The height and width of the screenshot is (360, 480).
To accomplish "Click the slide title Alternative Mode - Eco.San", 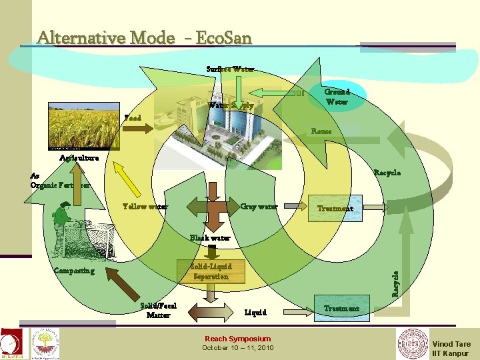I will point(145,37).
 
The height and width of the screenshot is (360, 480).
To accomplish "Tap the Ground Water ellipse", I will point(337,97).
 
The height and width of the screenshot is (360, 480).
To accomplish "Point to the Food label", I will point(133,118).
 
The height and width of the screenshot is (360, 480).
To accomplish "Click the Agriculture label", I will point(79,158).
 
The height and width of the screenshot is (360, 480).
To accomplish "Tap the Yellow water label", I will point(145,207).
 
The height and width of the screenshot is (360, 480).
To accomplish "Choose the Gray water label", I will point(259,207).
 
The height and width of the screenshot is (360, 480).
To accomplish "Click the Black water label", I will point(210,237).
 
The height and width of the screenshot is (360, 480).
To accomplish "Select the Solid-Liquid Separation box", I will point(211,271).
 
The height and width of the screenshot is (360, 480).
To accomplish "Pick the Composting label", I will point(74,271).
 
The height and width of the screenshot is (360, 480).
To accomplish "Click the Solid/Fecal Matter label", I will point(159,310).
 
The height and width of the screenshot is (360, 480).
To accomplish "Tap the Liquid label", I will point(255,312).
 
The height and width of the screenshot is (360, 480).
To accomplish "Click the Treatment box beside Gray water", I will point(335,209).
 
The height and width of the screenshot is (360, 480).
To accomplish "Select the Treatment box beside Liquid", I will point(341,309).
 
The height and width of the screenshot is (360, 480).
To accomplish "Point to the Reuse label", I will point(321,132).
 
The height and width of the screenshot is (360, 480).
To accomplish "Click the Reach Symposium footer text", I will point(237,339).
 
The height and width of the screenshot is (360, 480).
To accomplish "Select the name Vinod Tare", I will point(451,344).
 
